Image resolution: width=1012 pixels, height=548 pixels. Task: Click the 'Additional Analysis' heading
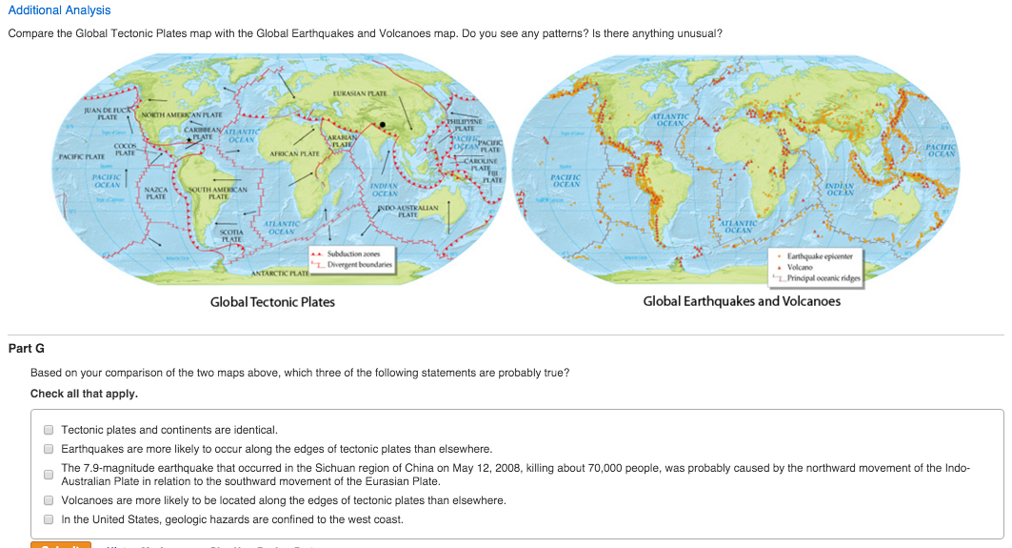click(x=59, y=10)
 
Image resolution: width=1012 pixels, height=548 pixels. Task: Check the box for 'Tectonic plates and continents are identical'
click(x=48, y=431)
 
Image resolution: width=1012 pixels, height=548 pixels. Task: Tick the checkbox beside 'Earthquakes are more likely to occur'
click(x=48, y=449)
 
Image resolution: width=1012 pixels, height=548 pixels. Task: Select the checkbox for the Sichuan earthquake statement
click(x=48, y=475)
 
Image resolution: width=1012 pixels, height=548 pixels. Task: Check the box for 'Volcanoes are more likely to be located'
click(x=48, y=500)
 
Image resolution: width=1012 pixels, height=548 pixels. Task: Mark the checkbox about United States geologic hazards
click(x=48, y=520)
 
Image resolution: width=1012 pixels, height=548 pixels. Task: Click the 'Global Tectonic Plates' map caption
click(x=272, y=302)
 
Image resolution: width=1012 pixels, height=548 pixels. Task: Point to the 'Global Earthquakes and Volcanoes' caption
click(x=742, y=301)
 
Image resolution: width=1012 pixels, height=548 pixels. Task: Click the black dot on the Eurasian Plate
click(x=383, y=124)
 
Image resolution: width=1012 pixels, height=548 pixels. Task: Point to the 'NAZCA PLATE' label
click(x=155, y=194)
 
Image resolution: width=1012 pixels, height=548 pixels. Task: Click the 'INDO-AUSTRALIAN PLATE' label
click(x=407, y=211)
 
